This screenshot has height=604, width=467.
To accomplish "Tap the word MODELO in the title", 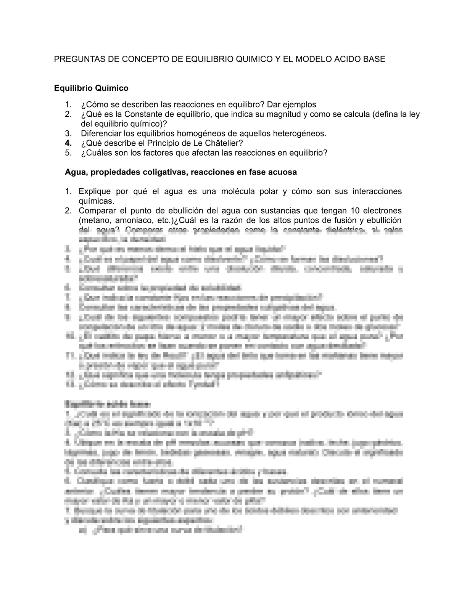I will pos(316,59).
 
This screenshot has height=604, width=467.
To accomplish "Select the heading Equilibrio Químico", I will pos(91,88).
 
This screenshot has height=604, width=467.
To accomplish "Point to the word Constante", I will pos(142,114).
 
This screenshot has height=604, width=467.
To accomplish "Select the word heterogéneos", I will pos(300,133).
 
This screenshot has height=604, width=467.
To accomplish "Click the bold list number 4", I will pos(68,143).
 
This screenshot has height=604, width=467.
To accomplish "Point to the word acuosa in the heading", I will pos(283,172).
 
